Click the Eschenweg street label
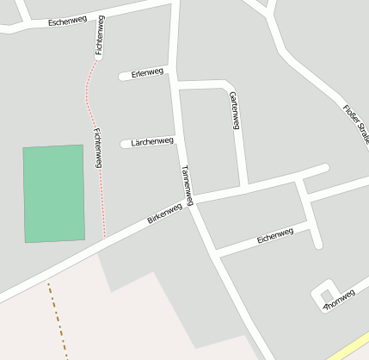67,22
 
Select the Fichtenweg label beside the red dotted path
98,147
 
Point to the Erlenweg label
148,73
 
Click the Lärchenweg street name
152,141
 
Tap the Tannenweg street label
187,184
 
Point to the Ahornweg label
338,301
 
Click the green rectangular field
53,194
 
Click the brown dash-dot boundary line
57,319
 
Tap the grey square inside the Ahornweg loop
324,289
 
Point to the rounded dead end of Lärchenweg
126,144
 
